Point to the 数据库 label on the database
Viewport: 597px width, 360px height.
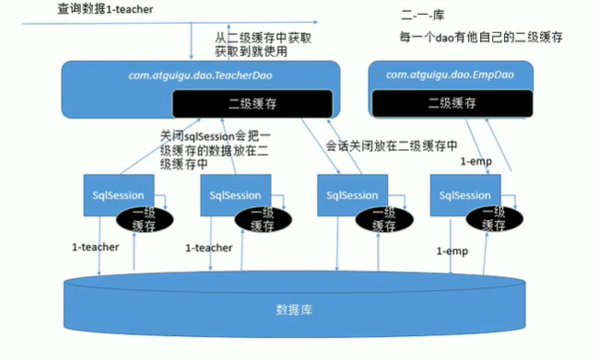pyautogui.click(x=294, y=308)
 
